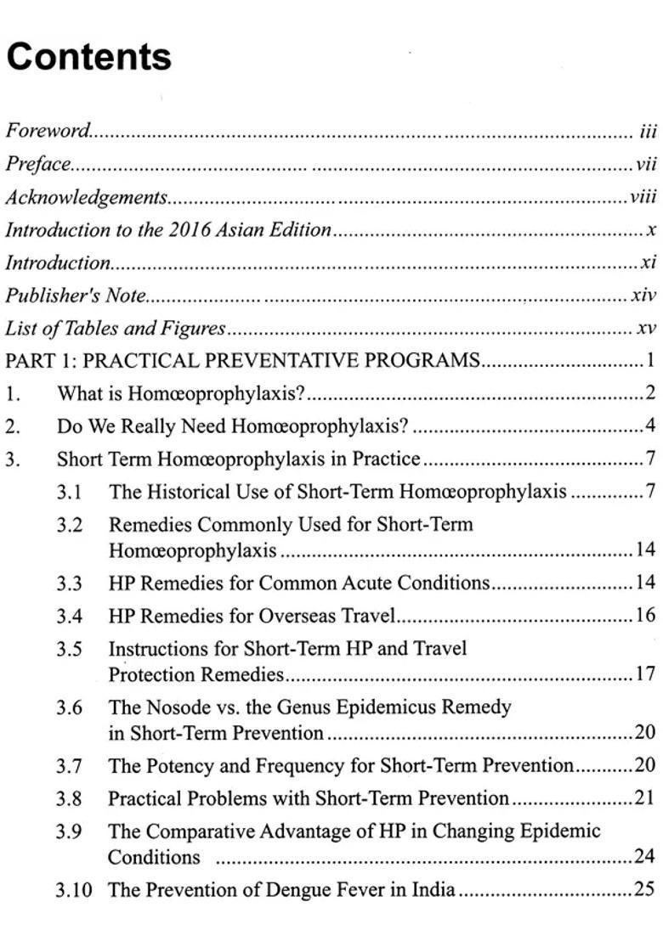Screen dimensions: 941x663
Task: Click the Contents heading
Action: [x=88, y=57]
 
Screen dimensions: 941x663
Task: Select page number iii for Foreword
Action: [x=648, y=131]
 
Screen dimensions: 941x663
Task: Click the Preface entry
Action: [x=37, y=164]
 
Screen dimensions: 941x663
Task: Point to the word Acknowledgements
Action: [x=86, y=197]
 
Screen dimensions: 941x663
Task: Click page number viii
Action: [x=643, y=197]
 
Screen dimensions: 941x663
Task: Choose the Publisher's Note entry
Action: [x=76, y=296]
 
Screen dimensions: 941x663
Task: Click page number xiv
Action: [x=644, y=296]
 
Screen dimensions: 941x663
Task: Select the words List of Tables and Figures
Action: [x=116, y=329]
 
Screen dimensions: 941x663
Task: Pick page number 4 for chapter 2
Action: [x=650, y=426]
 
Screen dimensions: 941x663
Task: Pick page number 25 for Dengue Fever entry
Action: [x=645, y=891]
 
